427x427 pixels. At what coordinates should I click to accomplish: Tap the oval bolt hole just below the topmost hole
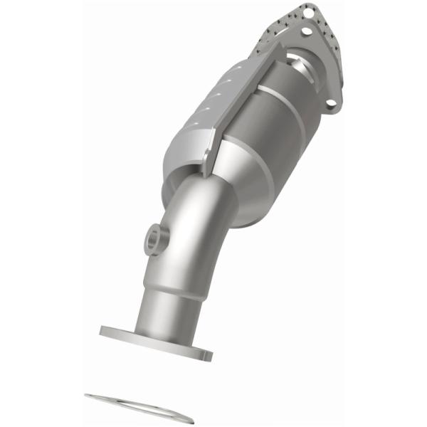307,31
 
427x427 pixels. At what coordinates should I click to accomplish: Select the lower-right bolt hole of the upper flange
332,105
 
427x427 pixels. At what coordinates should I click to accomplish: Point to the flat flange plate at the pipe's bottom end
157,340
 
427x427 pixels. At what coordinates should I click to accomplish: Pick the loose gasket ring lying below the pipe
139,408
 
